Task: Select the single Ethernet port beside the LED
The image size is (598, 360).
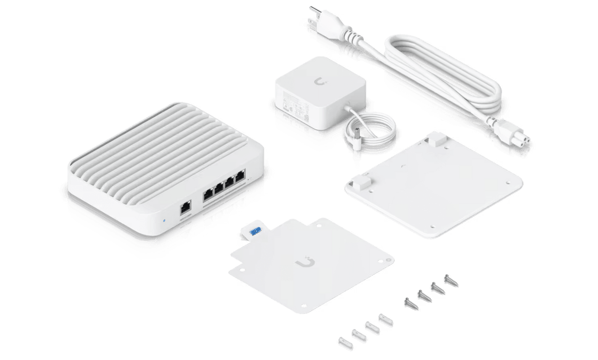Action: (185, 209)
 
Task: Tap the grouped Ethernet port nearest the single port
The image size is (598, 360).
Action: (208, 195)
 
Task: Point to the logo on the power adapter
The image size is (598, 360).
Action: (323, 82)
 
